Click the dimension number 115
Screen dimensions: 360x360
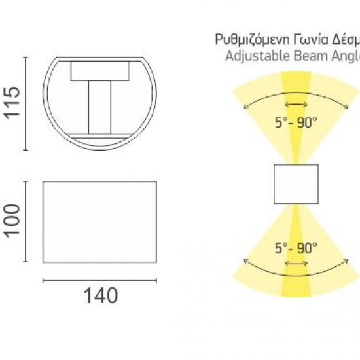click(x=12, y=103)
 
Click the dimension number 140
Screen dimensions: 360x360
click(x=99, y=296)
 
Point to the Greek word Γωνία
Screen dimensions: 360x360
click(x=304, y=39)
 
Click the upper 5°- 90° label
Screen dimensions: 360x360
click(x=295, y=122)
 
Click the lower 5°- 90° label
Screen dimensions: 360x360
click(x=295, y=248)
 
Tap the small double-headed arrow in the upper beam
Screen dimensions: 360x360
click(x=296, y=105)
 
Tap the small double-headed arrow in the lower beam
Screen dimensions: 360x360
click(x=296, y=264)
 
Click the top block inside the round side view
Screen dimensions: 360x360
click(x=99, y=71)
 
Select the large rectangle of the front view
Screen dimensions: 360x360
click(x=99, y=222)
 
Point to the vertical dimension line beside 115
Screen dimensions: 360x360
click(x=26, y=103)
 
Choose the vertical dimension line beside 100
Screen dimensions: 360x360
click(x=26, y=222)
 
